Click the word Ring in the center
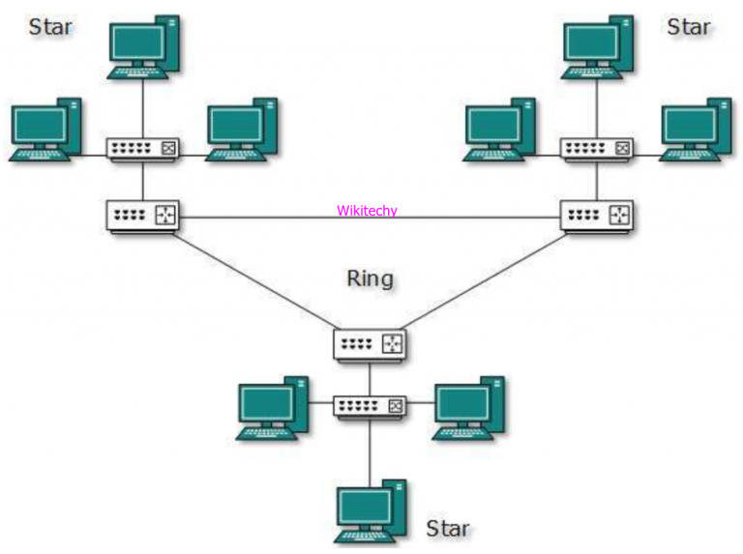pyautogui.click(x=370, y=279)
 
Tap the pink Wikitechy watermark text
pyautogui.click(x=367, y=211)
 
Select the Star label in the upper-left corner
pyautogui.click(x=50, y=26)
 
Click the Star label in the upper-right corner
pyautogui.click(x=688, y=26)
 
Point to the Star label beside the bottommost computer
pyautogui.click(x=448, y=528)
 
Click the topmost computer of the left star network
pyautogui.click(x=143, y=46)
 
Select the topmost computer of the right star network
pyautogui.click(x=597, y=46)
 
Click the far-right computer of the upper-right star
pyautogui.click(x=695, y=130)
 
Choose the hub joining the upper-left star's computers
pyautogui.click(x=143, y=149)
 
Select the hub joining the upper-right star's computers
pyautogui.click(x=597, y=149)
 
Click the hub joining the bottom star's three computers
pyautogui.click(x=370, y=406)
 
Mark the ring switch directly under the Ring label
pyautogui.click(x=370, y=343)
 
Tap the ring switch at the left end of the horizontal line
pyautogui.click(x=143, y=216)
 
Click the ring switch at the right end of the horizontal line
pyautogui.click(x=597, y=216)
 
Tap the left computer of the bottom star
pyautogui.click(x=271, y=406)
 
